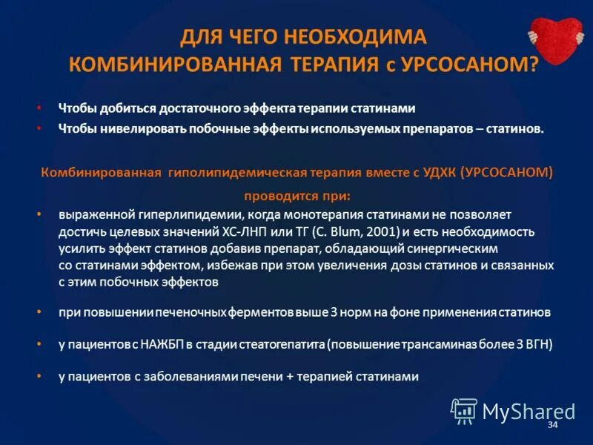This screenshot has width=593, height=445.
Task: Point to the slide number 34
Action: [x=551, y=425]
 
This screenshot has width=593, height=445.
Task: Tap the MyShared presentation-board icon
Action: [x=465, y=411]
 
